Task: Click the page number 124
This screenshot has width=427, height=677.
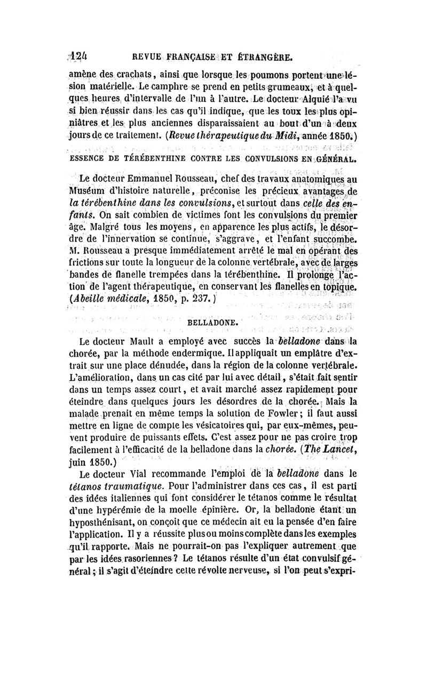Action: coord(79,56)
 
